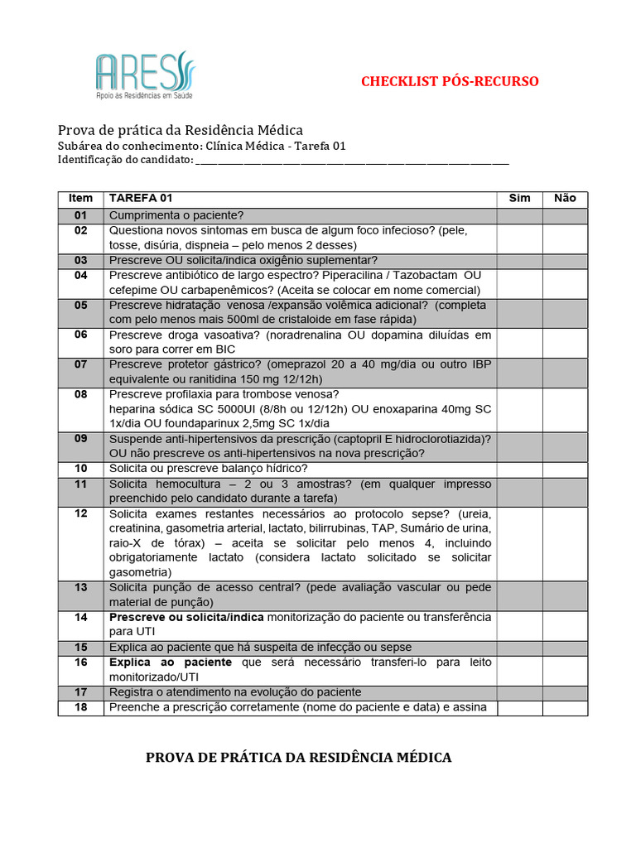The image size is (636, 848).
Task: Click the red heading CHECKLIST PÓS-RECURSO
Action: click(x=450, y=81)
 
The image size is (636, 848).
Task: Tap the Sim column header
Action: click(x=519, y=199)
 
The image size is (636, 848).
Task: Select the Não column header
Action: click(x=565, y=199)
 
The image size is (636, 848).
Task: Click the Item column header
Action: click(x=80, y=199)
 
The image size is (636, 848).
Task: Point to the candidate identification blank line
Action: click(x=351, y=161)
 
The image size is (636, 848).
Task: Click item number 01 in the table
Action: click(x=80, y=214)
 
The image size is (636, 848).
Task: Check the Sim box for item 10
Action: click(x=519, y=469)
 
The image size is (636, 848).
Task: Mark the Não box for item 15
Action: click(x=565, y=648)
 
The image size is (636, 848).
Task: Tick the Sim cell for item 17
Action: click(x=519, y=692)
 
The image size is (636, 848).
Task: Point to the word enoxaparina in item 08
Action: click(x=402, y=410)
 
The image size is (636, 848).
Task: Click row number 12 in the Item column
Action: click(x=80, y=513)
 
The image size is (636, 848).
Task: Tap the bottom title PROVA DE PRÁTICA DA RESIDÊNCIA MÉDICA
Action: click(x=298, y=758)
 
